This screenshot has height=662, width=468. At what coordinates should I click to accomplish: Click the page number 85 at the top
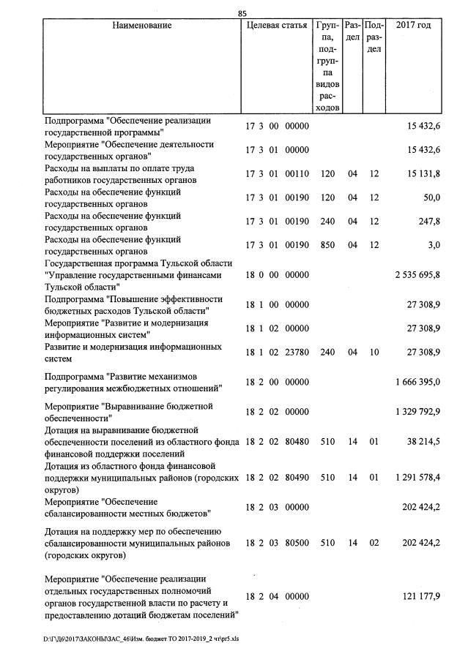[x=242, y=12]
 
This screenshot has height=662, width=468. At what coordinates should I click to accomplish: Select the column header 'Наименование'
[x=142, y=26]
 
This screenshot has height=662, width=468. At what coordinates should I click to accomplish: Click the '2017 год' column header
[x=413, y=26]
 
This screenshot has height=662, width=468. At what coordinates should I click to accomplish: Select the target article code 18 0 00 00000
[x=277, y=275]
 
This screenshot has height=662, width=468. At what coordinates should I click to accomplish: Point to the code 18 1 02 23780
[x=277, y=352]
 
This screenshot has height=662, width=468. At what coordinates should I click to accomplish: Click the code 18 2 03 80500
[x=277, y=543]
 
